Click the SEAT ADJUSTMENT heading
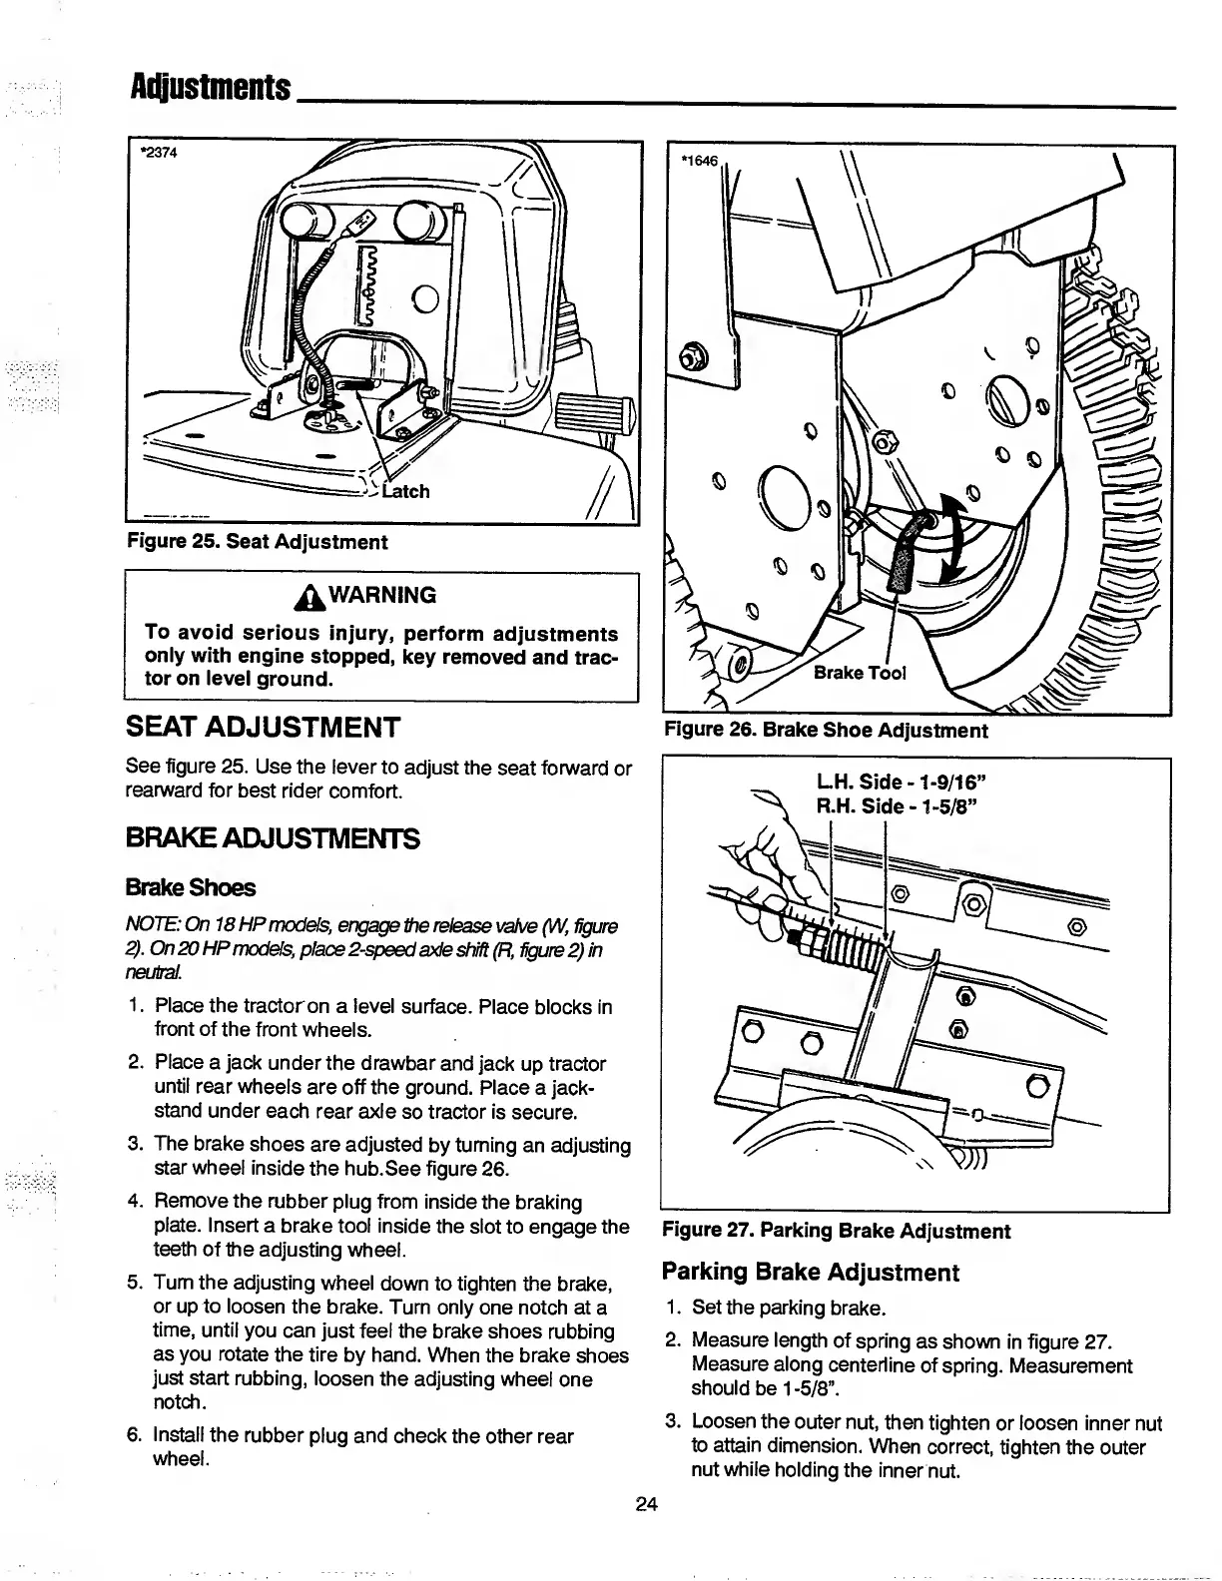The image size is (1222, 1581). tap(264, 727)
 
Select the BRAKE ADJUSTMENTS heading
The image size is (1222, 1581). tap(273, 838)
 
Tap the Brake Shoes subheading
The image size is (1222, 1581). tap(191, 887)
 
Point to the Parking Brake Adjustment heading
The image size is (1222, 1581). tap(810, 1272)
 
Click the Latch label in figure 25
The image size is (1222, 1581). tap(405, 491)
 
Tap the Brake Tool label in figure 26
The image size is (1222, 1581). tap(860, 673)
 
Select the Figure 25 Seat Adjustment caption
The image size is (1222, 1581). tap(257, 542)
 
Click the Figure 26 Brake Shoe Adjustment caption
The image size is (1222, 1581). tap(826, 730)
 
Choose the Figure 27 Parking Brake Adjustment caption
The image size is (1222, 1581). tap(837, 1231)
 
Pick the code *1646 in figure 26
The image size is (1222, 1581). tap(699, 160)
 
